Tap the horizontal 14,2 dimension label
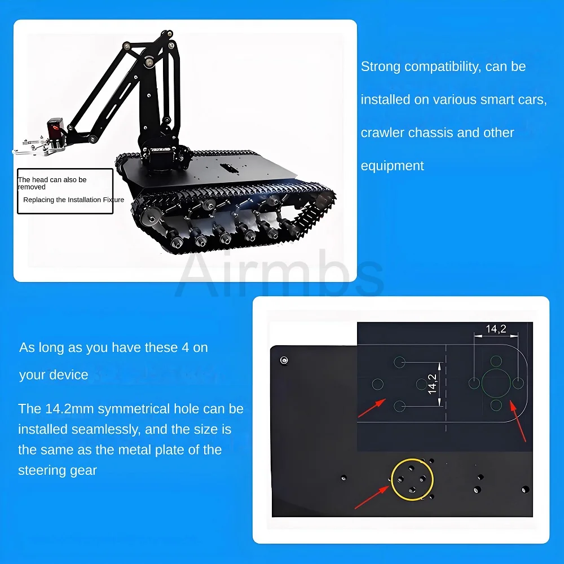(496, 329)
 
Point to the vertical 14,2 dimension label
(433, 384)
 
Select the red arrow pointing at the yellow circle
(372, 497)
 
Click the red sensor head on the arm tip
(56, 127)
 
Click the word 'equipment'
(393, 166)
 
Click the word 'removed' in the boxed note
(32, 187)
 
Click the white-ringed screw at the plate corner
(284, 360)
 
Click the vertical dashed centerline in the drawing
(446, 388)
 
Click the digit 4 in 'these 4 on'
(185, 348)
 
